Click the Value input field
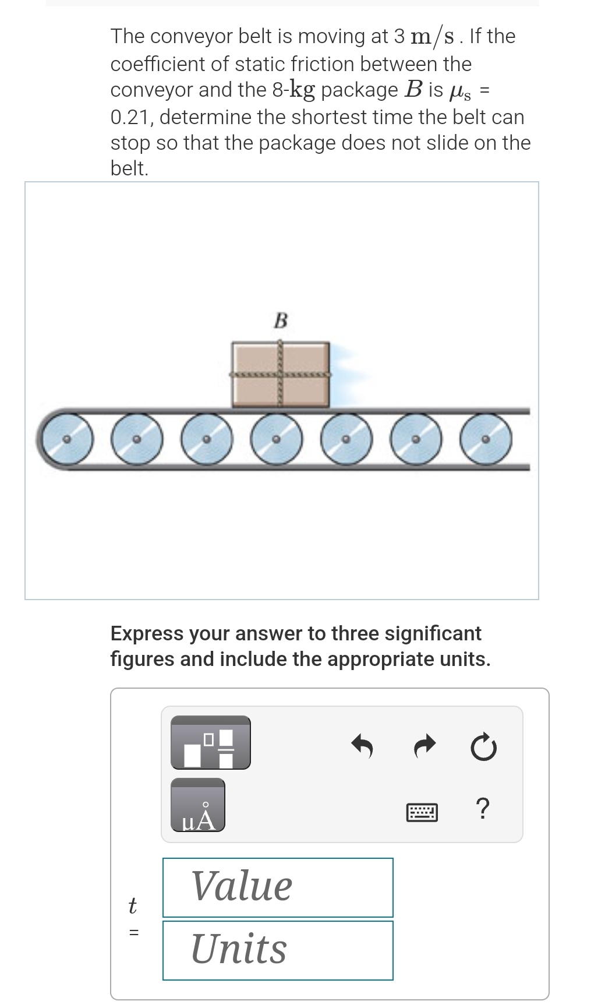[x=278, y=887]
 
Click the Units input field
[x=278, y=950]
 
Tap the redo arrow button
[x=425, y=746]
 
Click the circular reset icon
[x=484, y=747]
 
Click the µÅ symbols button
[x=198, y=805]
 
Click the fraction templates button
[x=211, y=743]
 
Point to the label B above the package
[x=281, y=320]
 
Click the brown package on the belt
[x=281, y=375]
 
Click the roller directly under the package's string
[x=277, y=439]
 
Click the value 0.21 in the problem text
[x=131, y=117]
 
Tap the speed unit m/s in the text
[x=432, y=37]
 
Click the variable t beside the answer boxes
[x=132, y=905]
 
